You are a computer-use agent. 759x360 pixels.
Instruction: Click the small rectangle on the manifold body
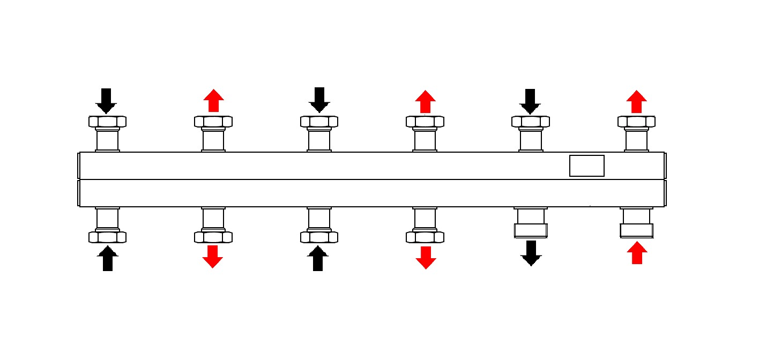(x=586, y=166)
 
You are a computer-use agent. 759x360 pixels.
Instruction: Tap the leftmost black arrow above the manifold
(x=106, y=101)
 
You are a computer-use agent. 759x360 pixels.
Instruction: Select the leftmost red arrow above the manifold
(x=213, y=101)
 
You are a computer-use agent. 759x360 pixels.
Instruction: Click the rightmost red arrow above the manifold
(x=636, y=102)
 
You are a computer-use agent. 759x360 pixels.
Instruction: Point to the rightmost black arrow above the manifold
(x=530, y=101)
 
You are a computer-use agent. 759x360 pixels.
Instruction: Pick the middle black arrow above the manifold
(x=319, y=100)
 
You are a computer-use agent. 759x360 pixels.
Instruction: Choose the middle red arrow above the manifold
(x=426, y=102)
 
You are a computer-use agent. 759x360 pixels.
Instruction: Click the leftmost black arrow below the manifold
(x=107, y=258)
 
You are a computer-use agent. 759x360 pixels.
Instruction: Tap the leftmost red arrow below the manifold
(x=213, y=256)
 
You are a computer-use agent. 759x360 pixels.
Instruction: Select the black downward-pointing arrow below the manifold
(x=531, y=253)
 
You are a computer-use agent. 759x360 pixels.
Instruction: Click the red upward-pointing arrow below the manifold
(x=636, y=253)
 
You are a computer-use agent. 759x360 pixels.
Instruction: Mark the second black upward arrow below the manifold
(x=318, y=258)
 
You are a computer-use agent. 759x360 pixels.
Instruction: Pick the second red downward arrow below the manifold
(x=426, y=257)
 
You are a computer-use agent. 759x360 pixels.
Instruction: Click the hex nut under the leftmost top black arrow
(x=107, y=122)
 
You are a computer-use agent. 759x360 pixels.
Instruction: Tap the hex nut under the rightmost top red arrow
(x=636, y=122)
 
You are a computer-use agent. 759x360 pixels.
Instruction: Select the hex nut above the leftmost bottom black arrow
(x=107, y=236)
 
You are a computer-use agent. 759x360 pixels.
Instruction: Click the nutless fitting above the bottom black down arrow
(x=530, y=224)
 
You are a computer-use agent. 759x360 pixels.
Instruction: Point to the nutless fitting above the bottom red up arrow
(x=636, y=224)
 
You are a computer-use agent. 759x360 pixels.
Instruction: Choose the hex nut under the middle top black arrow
(x=319, y=122)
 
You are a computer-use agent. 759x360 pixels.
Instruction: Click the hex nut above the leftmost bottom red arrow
(x=213, y=236)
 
